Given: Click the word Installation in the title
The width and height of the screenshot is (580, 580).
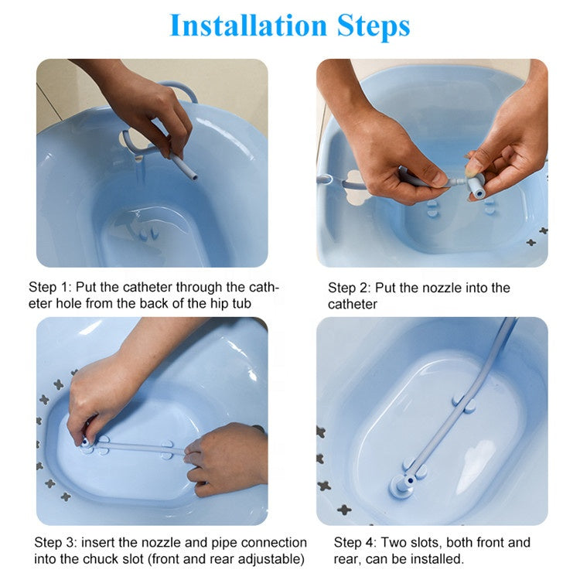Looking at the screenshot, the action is pyautogui.click(x=248, y=26).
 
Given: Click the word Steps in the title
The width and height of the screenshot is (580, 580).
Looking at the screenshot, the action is pyautogui.click(x=374, y=26).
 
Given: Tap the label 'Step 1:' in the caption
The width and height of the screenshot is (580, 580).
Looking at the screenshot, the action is pyautogui.click(x=50, y=287).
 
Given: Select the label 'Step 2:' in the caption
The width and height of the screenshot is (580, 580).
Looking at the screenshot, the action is pyautogui.click(x=350, y=288).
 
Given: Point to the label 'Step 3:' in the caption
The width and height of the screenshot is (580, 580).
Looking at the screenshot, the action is pyautogui.click(x=56, y=543).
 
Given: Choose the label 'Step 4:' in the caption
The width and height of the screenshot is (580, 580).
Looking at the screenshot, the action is pyautogui.click(x=355, y=543).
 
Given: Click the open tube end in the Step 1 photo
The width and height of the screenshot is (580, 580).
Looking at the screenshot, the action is pyautogui.click(x=193, y=176).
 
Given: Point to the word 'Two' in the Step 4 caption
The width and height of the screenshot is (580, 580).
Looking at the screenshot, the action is pyautogui.click(x=393, y=543).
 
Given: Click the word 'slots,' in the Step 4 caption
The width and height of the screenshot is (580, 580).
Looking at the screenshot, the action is pyautogui.click(x=426, y=543).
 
